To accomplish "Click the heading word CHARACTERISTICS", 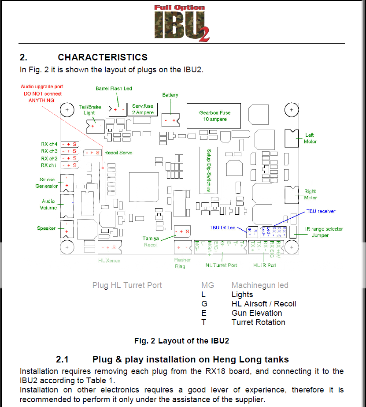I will click(102, 57).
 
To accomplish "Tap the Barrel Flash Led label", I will click(114, 89).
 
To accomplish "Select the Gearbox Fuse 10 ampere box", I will click(214, 116).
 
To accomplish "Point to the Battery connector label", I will click(170, 95).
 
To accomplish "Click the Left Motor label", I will click(310, 138).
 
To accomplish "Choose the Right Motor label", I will click(310, 194).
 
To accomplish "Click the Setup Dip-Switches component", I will click(209, 169).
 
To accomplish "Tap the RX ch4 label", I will click(49, 144).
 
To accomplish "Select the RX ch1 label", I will click(48, 165).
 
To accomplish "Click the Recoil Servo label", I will click(118, 153).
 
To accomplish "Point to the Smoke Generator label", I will click(47, 183).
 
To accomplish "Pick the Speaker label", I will click(46, 228).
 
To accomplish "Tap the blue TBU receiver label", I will click(321, 211).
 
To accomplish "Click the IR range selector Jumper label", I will click(324, 232).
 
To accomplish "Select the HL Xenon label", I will click(109, 261).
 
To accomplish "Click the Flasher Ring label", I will click(182, 263).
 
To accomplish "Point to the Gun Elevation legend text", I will click(257, 313).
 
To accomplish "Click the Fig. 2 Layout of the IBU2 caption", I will click(181, 340).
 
